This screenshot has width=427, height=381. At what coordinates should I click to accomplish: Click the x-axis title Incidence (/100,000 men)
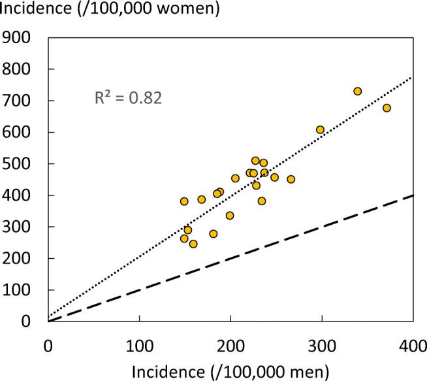tap(230, 371)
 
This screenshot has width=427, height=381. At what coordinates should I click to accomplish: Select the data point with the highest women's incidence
tap(357, 91)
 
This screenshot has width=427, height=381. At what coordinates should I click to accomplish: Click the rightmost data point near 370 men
tap(387, 108)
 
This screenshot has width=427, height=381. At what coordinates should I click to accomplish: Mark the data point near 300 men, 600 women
tap(320, 130)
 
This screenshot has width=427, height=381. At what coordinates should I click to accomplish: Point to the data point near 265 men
tap(291, 179)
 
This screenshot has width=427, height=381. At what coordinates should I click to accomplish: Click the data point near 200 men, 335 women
tap(230, 216)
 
